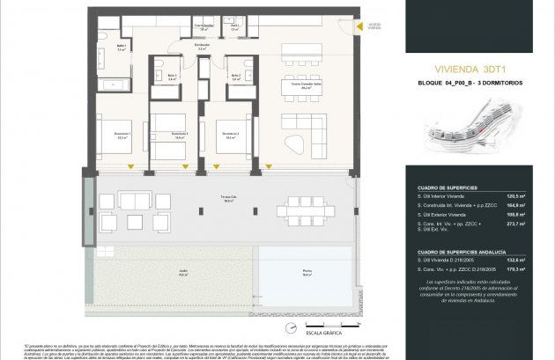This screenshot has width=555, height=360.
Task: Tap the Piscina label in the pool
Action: pyautogui.click(x=307, y=275)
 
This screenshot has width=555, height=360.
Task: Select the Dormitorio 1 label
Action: pyautogui.click(x=122, y=136)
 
